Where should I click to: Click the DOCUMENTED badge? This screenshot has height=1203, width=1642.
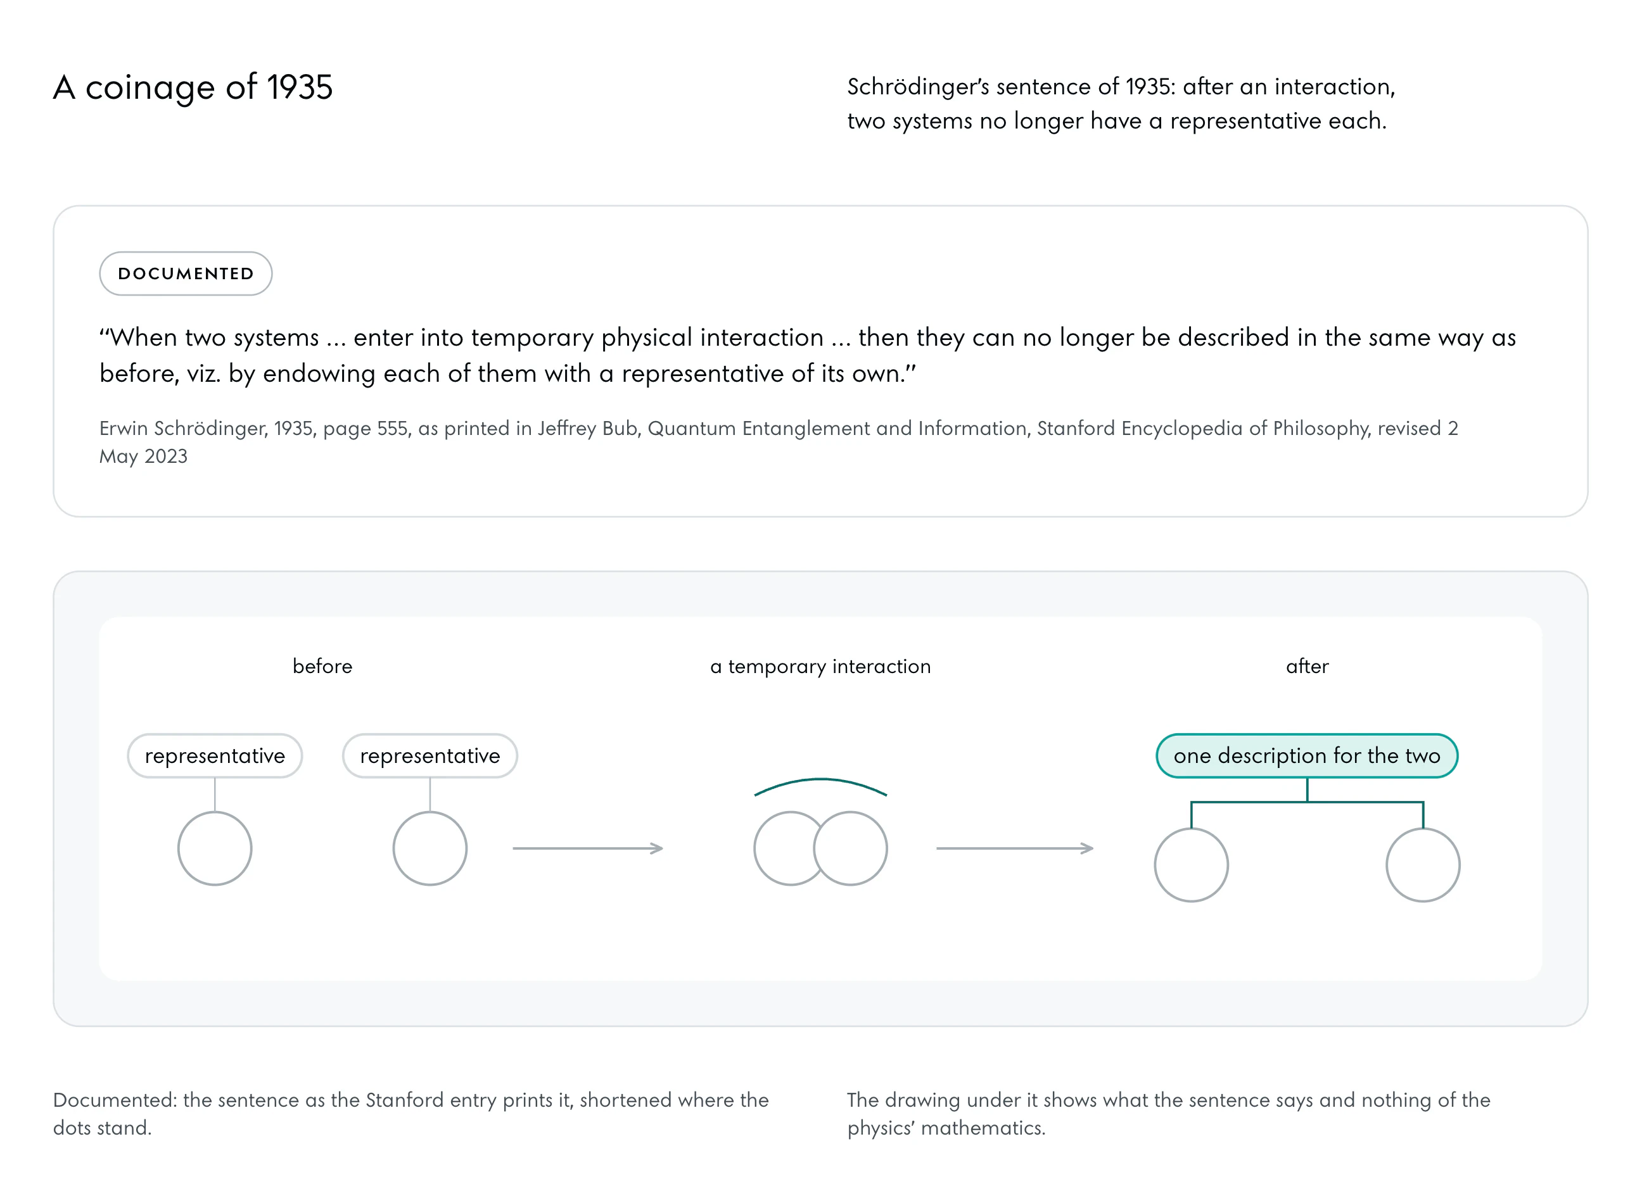coord(186,274)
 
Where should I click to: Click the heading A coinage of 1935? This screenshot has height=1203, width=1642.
coord(193,87)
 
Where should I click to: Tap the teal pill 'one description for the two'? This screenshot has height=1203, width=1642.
coord(1307,756)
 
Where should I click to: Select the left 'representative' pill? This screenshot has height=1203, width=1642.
coord(215,756)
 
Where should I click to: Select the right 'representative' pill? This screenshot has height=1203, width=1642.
coord(430,756)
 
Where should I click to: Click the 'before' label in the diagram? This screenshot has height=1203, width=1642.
coord(322,666)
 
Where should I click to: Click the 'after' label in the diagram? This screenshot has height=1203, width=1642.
coord(1307,666)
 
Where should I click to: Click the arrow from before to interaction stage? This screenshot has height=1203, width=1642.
coord(588,848)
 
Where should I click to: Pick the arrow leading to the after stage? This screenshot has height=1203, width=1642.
coord(1015,848)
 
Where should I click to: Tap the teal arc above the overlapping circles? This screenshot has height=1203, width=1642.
coord(820,780)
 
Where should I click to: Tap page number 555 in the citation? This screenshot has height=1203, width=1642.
coord(393,428)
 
